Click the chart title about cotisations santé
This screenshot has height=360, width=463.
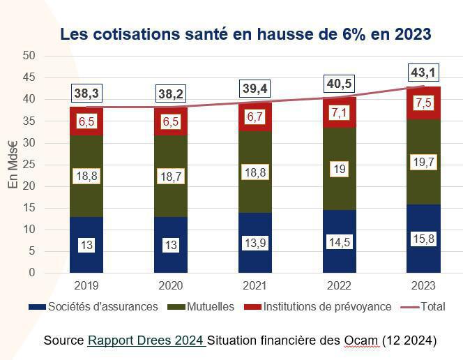pyautogui.click(x=245, y=34)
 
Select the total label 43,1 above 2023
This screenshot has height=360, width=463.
pyautogui.click(x=423, y=72)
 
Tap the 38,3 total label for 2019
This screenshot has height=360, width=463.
pyautogui.click(x=86, y=93)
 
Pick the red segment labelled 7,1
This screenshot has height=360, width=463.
pyautogui.click(x=339, y=112)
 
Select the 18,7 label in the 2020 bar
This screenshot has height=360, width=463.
pyautogui.click(x=171, y=177)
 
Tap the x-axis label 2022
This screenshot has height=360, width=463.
pyautogui.click(x=339, y=285)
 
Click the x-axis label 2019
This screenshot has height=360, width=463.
pyautogui.click(x=86, y=285)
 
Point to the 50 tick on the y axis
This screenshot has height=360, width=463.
pyautogui.click(x=29, y=55)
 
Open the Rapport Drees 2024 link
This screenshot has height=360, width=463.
pyautogui.click(x=146, y=340)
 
